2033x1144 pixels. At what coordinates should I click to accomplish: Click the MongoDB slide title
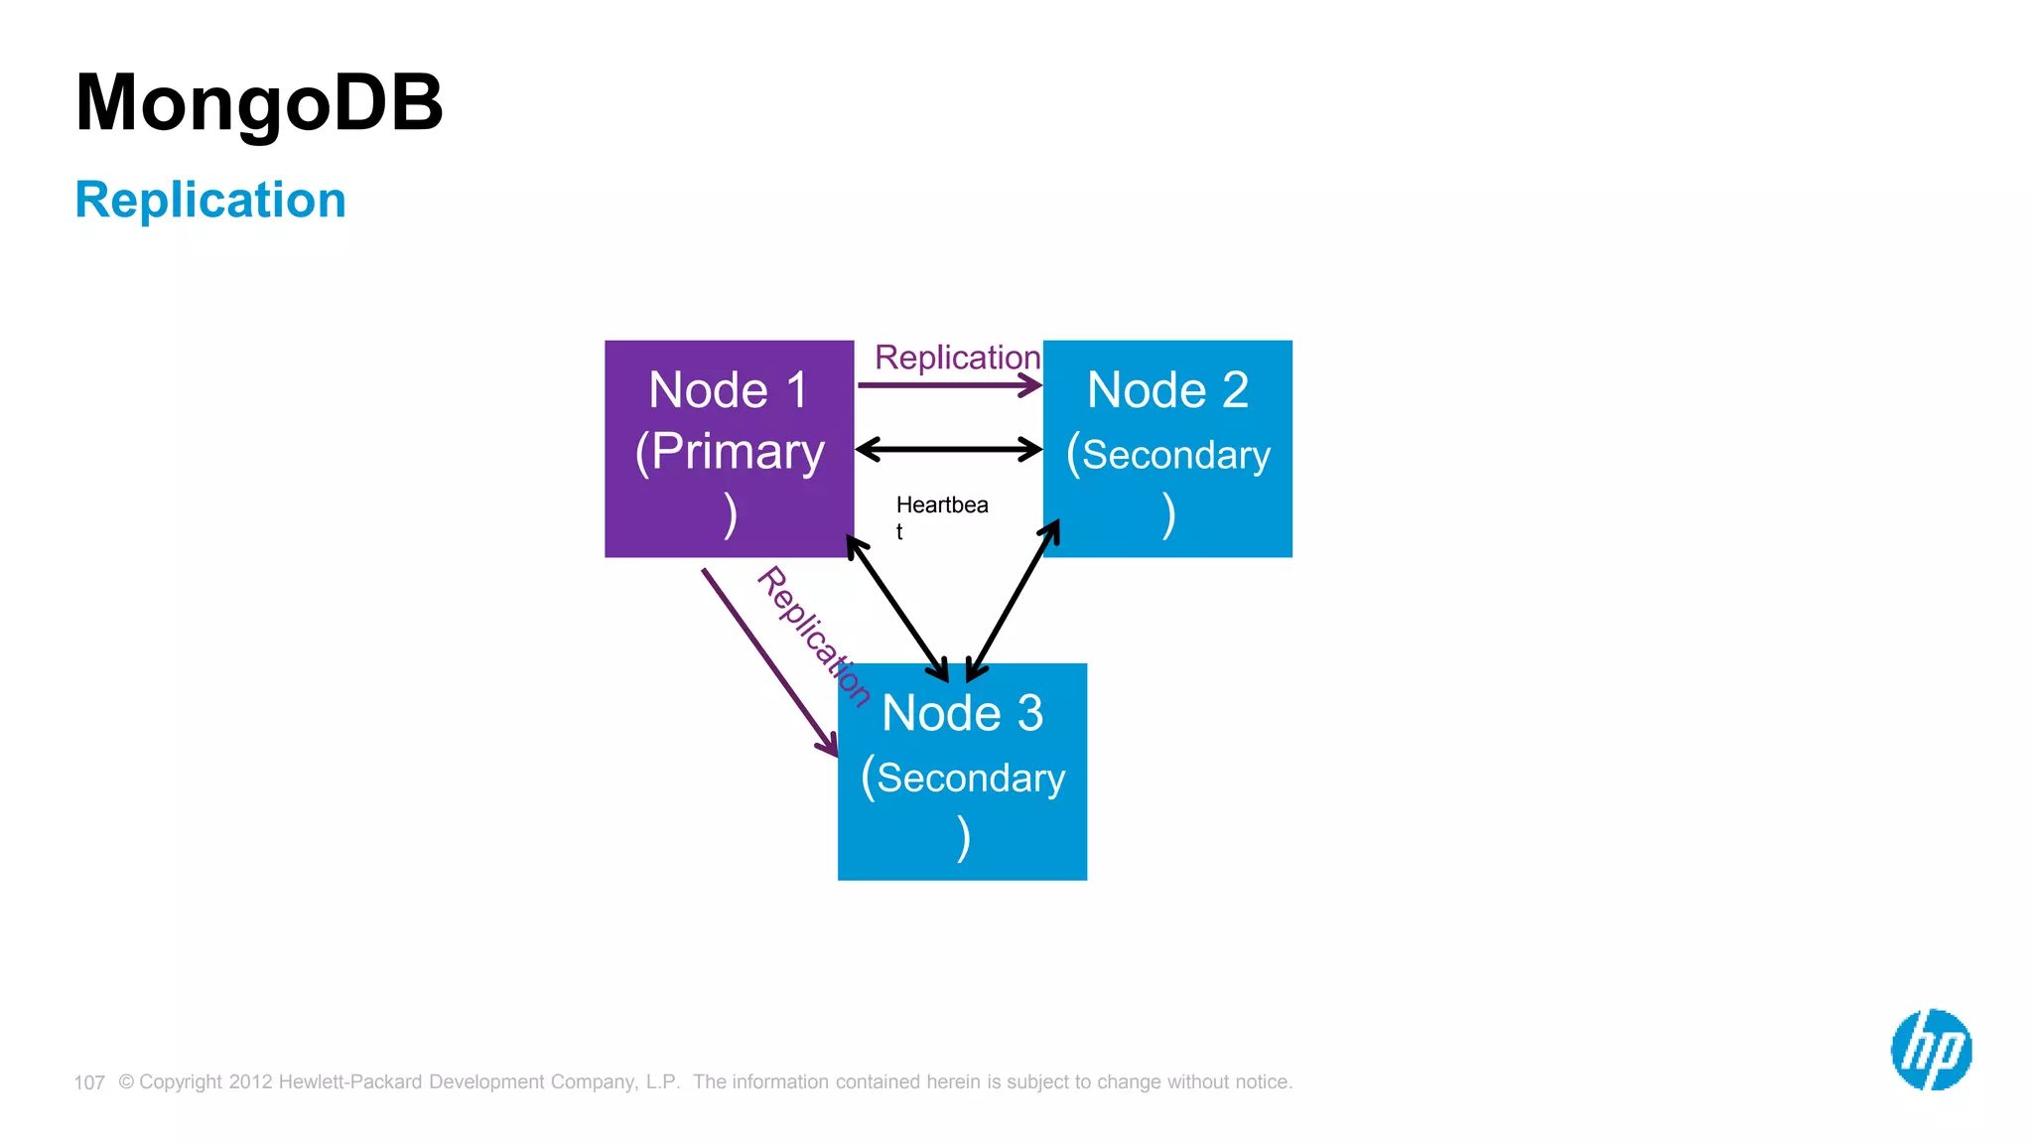click(x=259, y=103)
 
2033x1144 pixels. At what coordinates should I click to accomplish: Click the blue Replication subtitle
click(x=210, y=200)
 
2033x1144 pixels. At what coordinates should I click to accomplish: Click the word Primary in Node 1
click(x=738, y=453)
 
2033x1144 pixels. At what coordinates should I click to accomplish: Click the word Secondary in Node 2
click(x=1175, y=455)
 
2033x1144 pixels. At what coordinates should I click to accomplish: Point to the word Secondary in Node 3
click(x=970, y=778)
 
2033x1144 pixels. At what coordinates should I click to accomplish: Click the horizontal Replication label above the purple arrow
click(x=957, y=357)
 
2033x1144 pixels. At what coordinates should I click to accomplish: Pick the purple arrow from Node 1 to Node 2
click(x=948, y=385)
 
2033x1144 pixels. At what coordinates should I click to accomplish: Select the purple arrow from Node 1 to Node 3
click(x=769, y=661)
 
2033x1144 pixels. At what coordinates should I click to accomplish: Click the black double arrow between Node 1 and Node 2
click(x=948, y=450)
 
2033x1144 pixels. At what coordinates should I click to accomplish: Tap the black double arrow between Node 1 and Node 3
click(x=896, y=608)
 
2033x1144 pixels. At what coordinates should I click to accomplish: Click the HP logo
click(x=1931, y=1050)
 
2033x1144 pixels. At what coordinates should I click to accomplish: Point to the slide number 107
click(x=89, y=1082)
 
